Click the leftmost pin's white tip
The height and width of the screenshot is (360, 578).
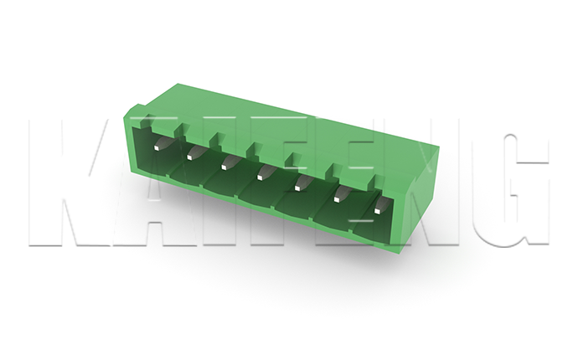coord(157,148)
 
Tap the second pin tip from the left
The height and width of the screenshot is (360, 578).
coord(190,157)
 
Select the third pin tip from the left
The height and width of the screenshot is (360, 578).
coord(224,167)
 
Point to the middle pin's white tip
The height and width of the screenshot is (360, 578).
coord(260,177)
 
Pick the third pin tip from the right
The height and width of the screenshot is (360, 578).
coord(297,188)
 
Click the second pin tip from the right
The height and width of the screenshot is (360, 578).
coord(337,199)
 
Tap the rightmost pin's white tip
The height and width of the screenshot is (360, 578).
coord(378,211)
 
